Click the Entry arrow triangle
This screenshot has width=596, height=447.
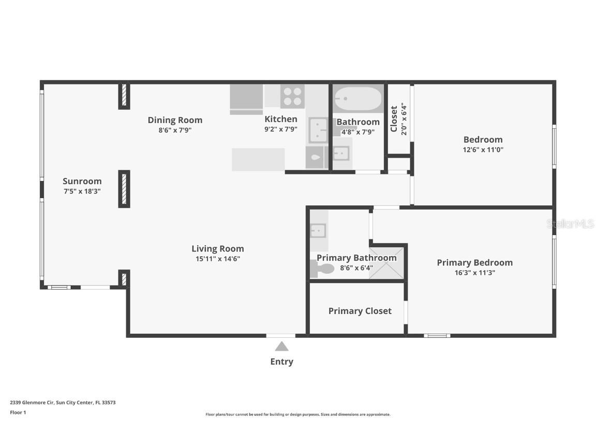pos(281,346)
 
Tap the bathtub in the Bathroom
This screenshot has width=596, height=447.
pos(357,98)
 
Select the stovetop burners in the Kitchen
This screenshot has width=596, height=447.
pos(292,96)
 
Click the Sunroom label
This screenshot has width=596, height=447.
pos(82,181)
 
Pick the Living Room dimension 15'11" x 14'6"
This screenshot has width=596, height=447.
pos(217,259)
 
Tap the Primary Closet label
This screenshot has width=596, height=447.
pos(360,311)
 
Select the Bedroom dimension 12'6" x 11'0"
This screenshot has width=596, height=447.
pos(483,150)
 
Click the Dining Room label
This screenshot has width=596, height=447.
pos(175,120)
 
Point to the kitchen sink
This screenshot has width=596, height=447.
pos(318,130)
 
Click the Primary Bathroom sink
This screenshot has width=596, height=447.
pos(318,230)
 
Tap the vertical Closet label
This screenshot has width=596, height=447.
pos(394,119)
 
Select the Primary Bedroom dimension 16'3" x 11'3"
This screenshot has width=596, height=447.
pos(474,273)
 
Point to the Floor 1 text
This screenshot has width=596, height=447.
pos(18,412)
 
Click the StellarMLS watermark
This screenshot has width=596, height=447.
pos(571,224)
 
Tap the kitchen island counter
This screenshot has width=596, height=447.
pos(258,159)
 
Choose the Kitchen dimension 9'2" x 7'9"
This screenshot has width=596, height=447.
pos(281,130)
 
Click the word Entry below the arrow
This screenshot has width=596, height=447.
pos(281,362)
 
